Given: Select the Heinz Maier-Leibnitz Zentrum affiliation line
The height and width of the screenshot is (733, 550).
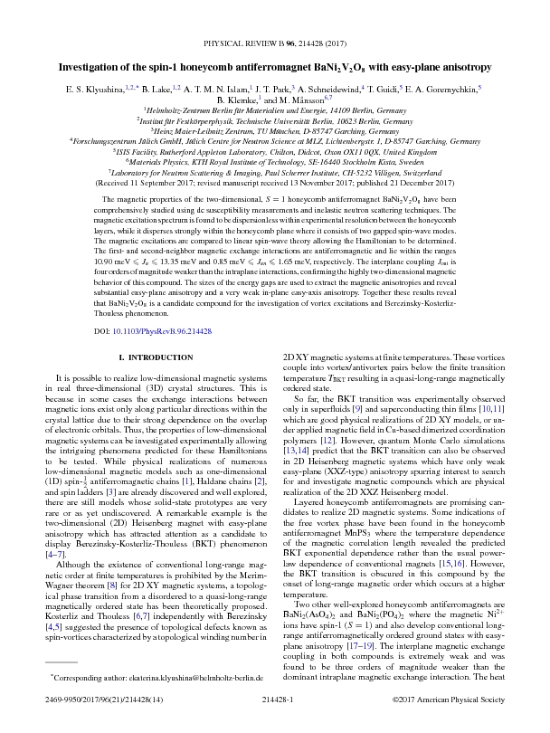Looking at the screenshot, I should click(x=275, y=130).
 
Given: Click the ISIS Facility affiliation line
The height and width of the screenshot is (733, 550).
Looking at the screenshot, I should click(x=275, y=151).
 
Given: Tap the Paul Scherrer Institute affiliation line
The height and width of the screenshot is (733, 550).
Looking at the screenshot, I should click(x=275, y=171).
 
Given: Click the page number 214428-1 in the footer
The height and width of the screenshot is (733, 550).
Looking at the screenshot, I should click(x=274, y=720).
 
